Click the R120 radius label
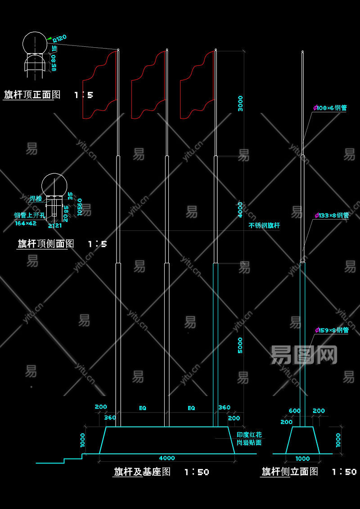[x=60, y=38]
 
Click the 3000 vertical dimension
[x=240, y=103]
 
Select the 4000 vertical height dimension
[x=240, y=210]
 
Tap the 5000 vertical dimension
[x=240, y=345]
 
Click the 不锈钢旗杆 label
[x=264, y=225]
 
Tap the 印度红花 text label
[x=249, y=435]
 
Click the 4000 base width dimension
[x=167, y=458]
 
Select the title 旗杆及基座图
[x=142, y=472]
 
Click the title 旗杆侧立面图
[x=290, y=472]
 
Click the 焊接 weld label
[x=36, y=198]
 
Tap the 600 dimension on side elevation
[x=295, y=411]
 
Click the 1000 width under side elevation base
[x=302, y=459]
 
